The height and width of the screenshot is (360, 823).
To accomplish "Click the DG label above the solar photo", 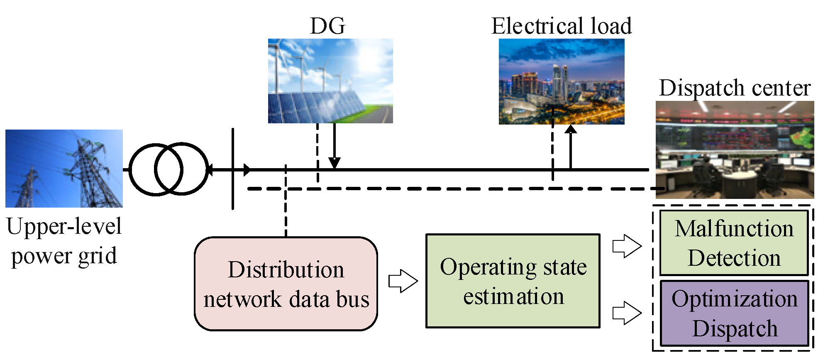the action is pos(327,26).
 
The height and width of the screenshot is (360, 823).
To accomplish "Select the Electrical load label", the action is pos(562,26).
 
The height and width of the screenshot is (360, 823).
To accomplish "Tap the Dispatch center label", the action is pos(735,88).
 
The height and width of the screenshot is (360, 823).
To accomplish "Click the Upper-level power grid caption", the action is pos(64,241).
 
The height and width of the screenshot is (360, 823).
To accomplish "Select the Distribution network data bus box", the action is pos(286,284).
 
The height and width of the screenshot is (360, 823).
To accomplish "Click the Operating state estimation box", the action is pos(513,281).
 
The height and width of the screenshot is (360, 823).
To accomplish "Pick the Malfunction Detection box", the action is pos(734,243).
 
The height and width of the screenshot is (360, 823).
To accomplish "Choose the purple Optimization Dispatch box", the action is pos(734,313).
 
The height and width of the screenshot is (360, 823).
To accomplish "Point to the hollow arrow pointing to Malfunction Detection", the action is pos(627,246).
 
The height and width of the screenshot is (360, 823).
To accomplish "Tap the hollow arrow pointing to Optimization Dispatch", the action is pos(627,313).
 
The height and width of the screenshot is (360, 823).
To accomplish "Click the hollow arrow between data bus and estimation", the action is pos(403,281).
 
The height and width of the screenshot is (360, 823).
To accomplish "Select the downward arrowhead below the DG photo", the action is pos(335,163).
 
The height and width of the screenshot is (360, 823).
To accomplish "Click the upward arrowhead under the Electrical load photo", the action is pos(571,130).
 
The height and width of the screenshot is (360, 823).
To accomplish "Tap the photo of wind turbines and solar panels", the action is pos(330,81).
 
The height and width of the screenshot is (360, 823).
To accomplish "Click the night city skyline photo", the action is pos(562,81).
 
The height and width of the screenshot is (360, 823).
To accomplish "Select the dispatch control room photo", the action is pos(735,150).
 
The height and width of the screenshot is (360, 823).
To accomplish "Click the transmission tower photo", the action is pos(64,169).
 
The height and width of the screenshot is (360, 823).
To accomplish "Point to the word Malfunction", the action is pos(734,228).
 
